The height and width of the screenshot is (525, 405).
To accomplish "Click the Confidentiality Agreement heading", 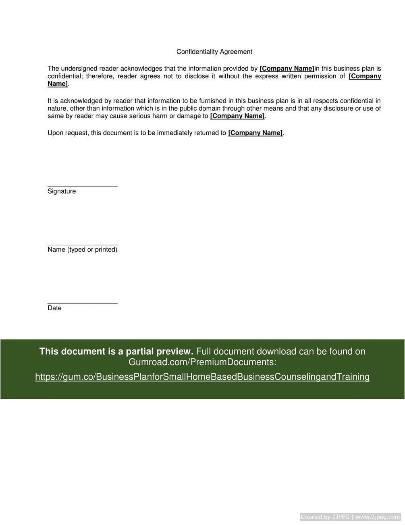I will click(214, 52).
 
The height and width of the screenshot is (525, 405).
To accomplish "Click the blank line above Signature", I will click(82, 186).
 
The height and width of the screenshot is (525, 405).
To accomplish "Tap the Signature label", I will click(62, 191).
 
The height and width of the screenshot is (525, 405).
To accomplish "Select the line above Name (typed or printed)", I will click(82, 245).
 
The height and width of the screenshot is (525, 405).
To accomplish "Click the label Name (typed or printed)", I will click(82, 250).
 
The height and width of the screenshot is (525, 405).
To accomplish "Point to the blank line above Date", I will click(82, 303).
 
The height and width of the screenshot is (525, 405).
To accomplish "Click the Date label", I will click(54, 308).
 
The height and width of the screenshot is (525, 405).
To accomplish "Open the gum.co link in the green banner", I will click(202, 377).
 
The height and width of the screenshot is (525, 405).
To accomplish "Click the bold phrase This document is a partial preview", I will click(116, 351).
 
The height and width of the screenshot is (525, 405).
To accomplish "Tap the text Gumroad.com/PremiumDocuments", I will click(202, 362).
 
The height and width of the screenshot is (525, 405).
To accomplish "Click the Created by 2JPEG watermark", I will click(350, 517).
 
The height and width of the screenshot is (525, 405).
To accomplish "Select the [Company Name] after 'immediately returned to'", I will click(255, 133).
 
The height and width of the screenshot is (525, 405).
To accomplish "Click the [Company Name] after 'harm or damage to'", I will click(237, 116).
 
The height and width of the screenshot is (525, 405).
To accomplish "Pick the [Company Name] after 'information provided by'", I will click(287, 69).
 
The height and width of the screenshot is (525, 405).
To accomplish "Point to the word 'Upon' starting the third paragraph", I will click(55, 133).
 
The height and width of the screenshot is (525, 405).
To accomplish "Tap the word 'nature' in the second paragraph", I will click(57, 109).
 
